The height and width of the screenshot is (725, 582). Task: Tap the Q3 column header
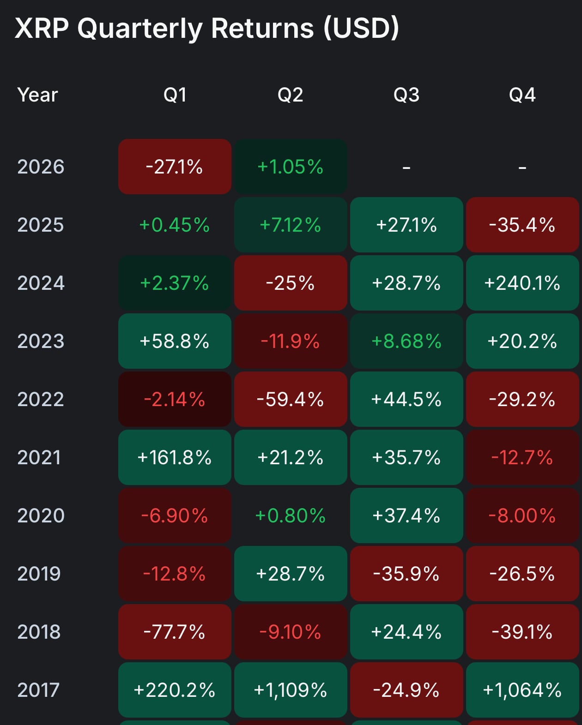pyautogui.click(x=406, y=95)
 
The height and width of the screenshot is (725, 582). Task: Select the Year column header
pyautogui.click(x=37, y=95)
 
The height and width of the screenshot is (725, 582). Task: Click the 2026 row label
pyautogui.click(x=41, y=167)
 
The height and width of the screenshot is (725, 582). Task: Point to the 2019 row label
pyautogui.click(x=39, y=574)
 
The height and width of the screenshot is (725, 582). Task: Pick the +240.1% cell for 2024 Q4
pyautogui.click(x=522, y=283)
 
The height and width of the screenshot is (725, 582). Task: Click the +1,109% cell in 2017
pyautogui.click(x=291, y=690)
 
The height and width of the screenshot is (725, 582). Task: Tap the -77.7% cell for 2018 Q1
pyautogui.click(x=175, y=632)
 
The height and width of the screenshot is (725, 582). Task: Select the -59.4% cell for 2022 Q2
pyautogui.click(x=291, y=399)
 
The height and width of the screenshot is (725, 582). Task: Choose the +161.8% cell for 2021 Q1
pyautogui.click(x=175, y=457)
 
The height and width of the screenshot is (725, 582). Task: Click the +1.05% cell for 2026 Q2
pyautogui.click(x=291, y=167)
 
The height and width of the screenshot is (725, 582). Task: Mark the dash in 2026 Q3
pyautogui.click(x=406, y=168)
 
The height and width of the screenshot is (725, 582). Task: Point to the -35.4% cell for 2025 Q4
pyautogui.click(x=522, y=225)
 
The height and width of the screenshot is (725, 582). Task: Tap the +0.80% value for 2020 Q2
pyautogui.click(x=291, y=515)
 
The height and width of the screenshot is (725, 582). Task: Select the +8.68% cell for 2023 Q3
pyautogui.click(x=406, y=341)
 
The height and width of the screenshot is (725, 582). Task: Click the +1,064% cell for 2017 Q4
pyautogui.click(x=522, y=690)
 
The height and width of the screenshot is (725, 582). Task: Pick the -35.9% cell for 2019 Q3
pyautogui.click(x=406, y=574)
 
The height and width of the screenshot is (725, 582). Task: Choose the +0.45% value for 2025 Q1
pyautogui.click(x=175, y=225)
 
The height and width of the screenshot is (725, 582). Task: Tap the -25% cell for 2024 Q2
pyautogui.click(x=291, y=283)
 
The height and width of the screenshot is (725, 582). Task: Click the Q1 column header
pyautogui.click(x=175, y=95)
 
